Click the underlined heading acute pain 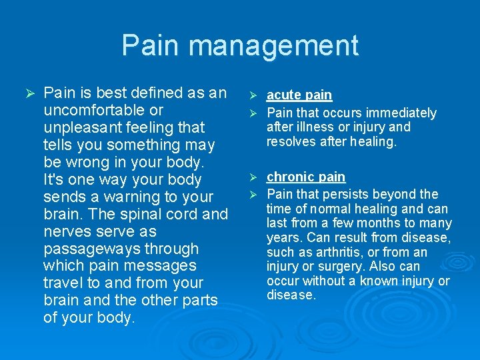[299, 96]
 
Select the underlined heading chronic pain [306, 177]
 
